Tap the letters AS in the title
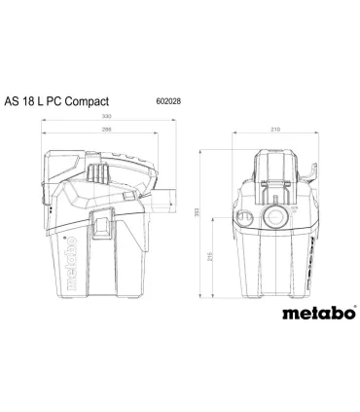click(x=37, y=100)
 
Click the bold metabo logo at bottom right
click(x=313, y=314)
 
